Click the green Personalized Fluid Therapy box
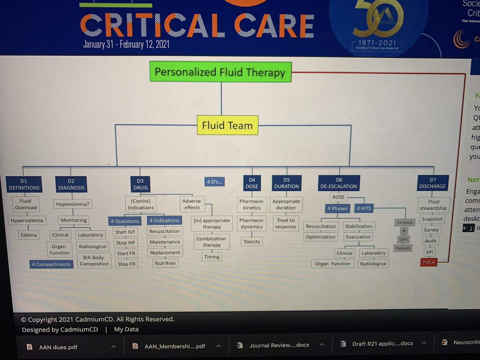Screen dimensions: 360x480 coord(220,72)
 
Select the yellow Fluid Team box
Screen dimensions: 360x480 coord(227,125)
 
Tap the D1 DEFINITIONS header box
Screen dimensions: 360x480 coord(24,184)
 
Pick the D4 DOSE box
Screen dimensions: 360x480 coord(252,184)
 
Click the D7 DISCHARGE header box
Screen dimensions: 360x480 coord(432,183)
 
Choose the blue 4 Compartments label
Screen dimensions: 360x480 coord(51,264)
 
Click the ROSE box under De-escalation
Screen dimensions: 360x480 coord(338,197)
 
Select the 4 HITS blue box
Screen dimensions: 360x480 coord(364,208)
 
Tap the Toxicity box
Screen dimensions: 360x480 coord(252,242)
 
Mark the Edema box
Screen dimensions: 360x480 coord(29,235)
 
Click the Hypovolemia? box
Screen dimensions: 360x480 coord(72,204)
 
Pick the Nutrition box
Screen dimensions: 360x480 coord(165,263)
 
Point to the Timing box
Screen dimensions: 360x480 coord(212,257)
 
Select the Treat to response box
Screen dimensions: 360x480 coord(286,223)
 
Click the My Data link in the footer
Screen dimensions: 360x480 coord(126,330)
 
